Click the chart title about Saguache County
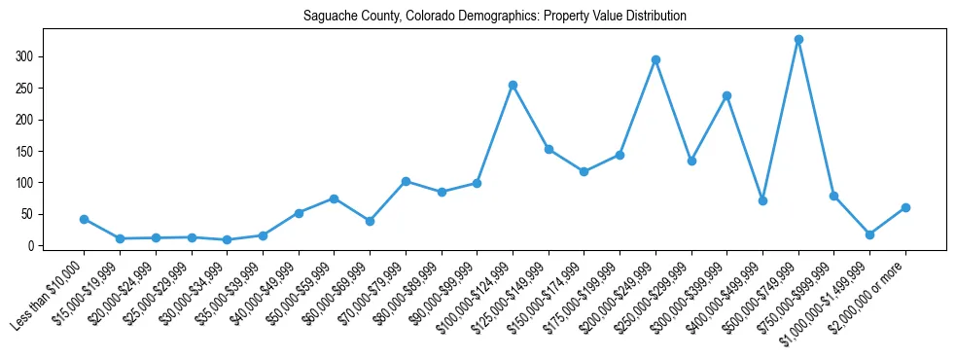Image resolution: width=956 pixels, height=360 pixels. [x=495, y=17]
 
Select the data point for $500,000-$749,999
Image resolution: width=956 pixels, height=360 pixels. [x=798, y=40]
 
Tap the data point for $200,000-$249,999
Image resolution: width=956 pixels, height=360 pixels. [x=655, y=59]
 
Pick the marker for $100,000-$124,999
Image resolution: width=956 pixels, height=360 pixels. [x=513, y=85]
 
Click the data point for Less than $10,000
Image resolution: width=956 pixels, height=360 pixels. [x=84, y=219]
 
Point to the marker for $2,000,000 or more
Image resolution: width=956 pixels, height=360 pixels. [x=905, y=207]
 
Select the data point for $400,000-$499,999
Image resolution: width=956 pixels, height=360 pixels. [x=762, y=200]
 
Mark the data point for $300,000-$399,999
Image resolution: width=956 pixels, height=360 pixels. [x=726, y=95]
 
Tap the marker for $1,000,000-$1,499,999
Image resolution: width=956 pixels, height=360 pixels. [x=869, y=234]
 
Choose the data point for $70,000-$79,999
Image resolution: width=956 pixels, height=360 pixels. [x=406, y=181]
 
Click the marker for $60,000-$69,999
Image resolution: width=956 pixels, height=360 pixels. [x=370, y=221]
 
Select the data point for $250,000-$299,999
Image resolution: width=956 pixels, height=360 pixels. [x=691, y=161]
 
